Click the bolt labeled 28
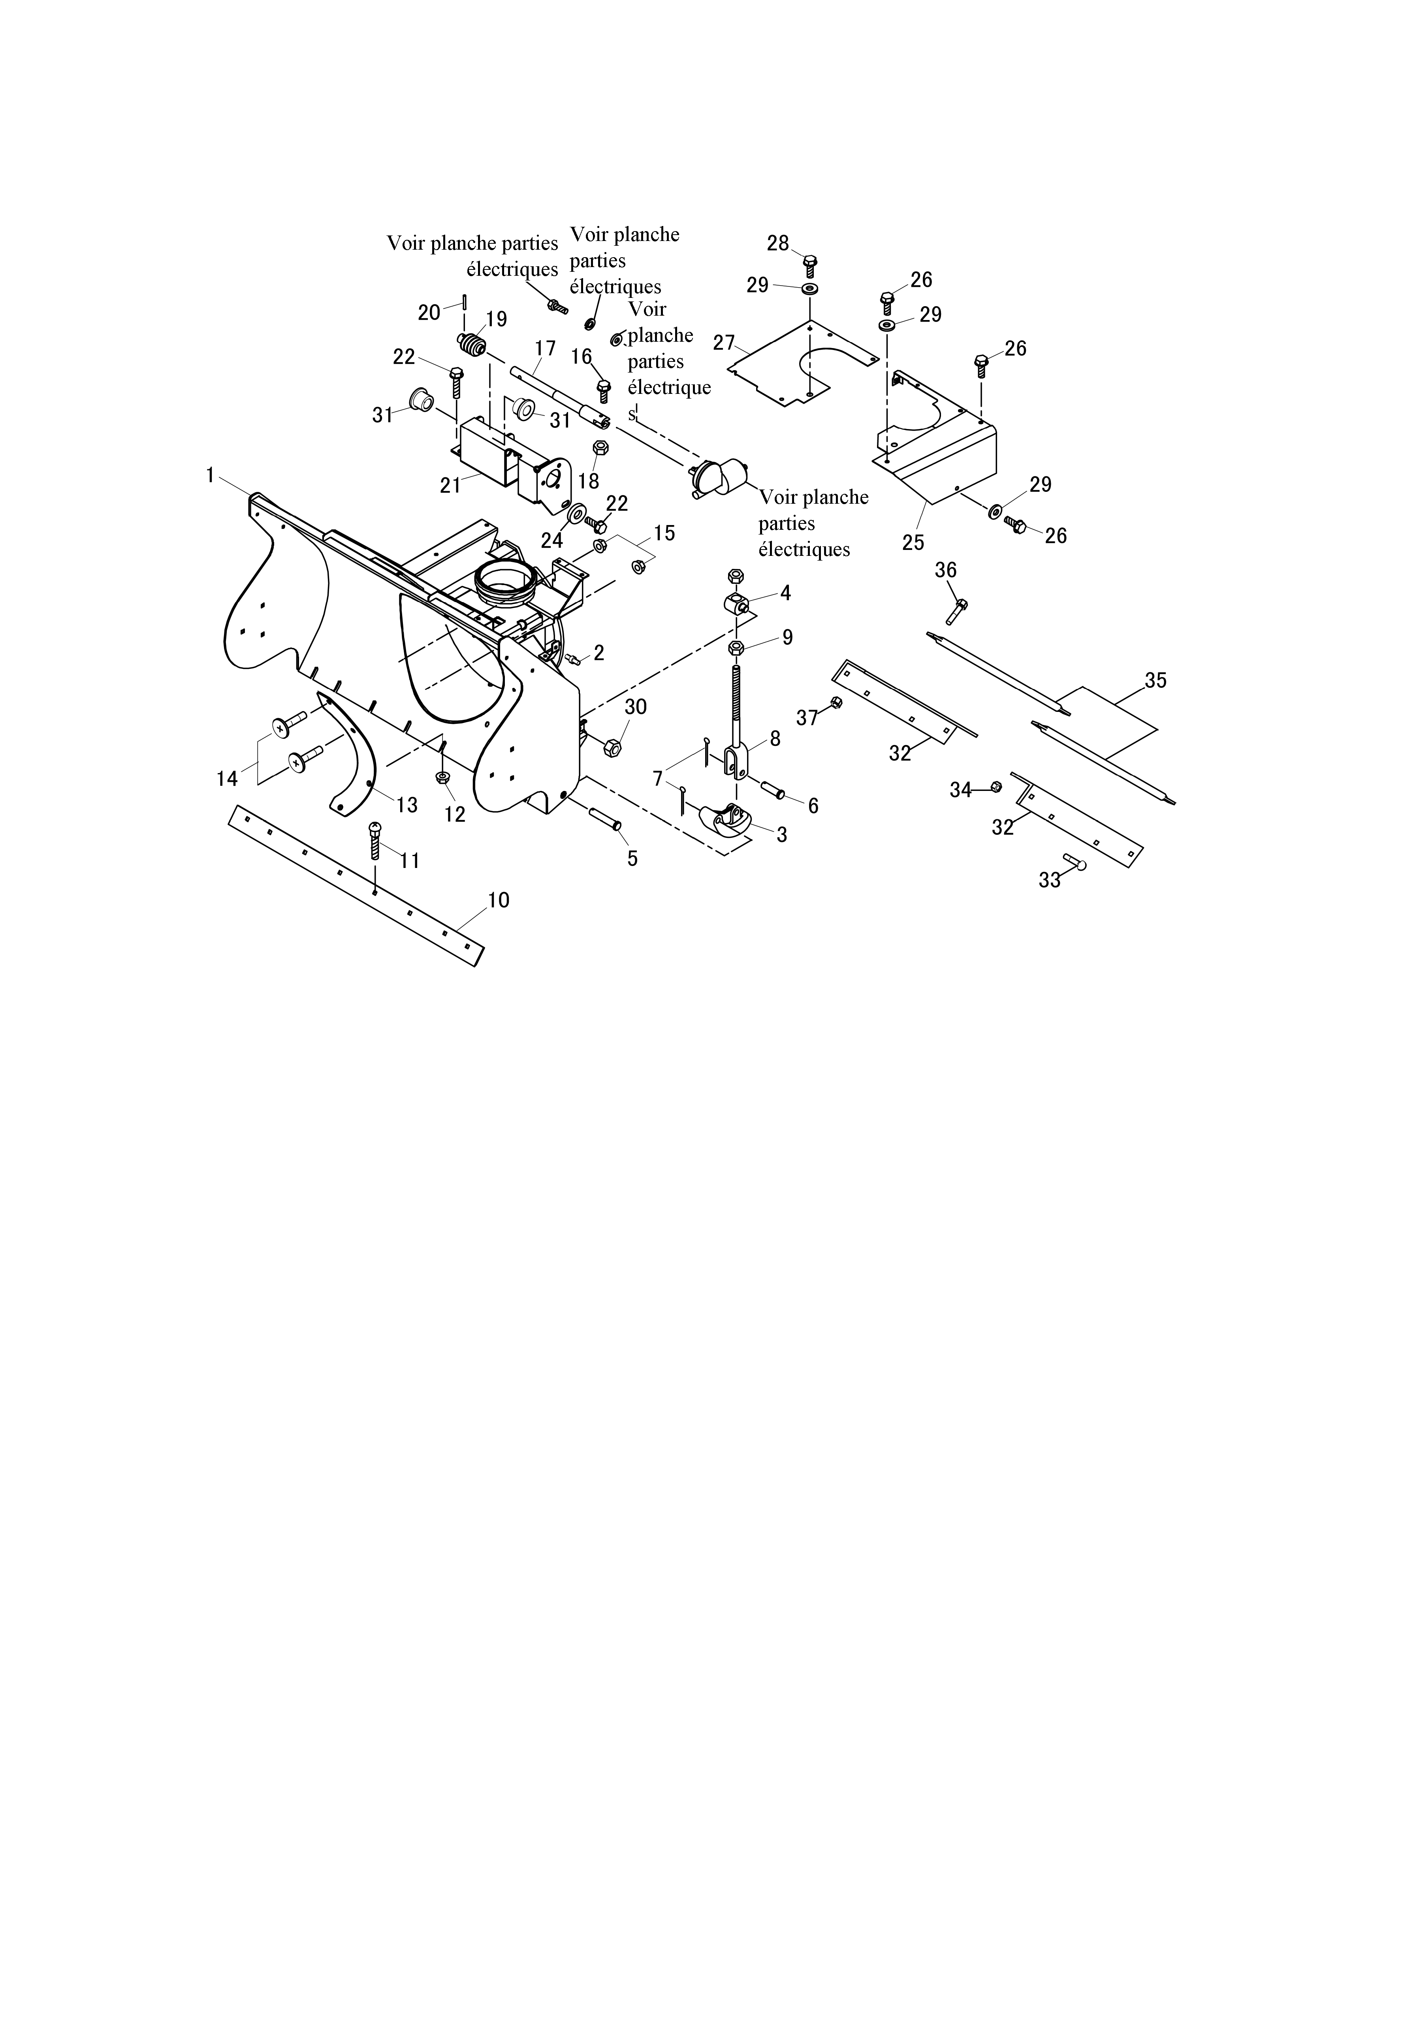click(811, 265)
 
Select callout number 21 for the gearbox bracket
click(450, 485)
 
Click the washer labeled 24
click(580, 513)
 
